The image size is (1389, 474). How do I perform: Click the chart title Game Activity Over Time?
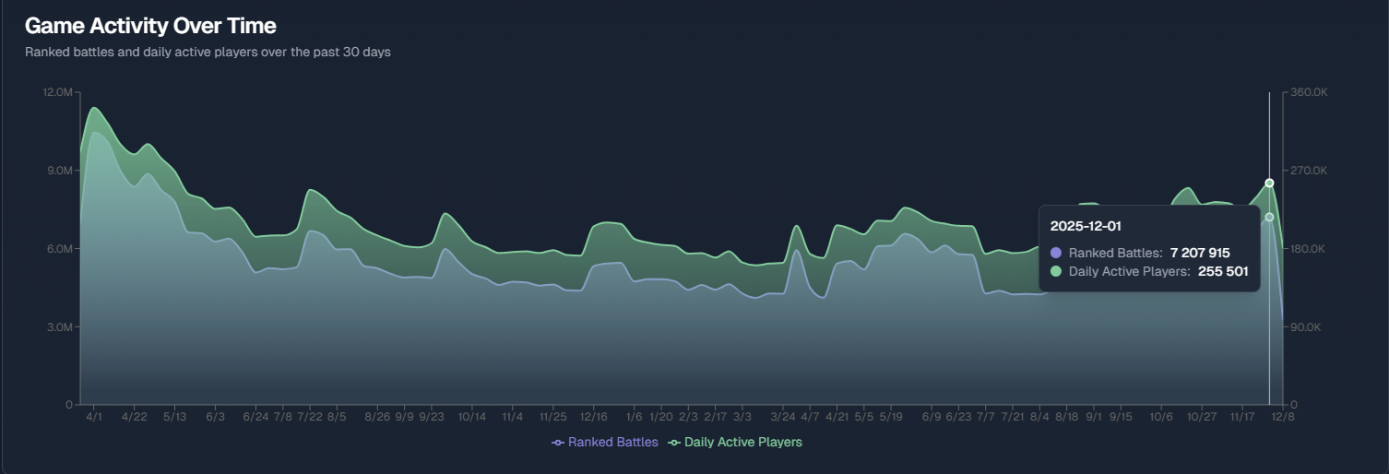tap(150, 26)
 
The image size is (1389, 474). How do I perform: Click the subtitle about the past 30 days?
tap(208, 53)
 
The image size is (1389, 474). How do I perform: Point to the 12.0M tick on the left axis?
tap(57, 92)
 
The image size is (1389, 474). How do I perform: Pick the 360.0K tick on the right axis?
tap(1309, 92)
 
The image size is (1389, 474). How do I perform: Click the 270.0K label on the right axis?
tap(1309, 171)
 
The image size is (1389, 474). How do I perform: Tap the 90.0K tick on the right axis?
tap(1309, 327)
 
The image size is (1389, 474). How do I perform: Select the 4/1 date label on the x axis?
tap(94, 417)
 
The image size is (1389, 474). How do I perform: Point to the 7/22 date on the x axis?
tap(310, 417)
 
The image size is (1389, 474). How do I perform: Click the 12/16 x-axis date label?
tap(593, 417)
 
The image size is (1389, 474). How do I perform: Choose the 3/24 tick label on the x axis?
tap(783, 417)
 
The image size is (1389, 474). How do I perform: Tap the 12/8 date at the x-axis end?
tap(1283, 417)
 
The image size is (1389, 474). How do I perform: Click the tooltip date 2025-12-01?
tap(1086, 226)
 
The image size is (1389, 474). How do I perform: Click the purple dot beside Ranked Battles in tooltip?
tap(1056, 253)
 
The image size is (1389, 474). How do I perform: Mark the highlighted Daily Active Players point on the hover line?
tap(1269, 183)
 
